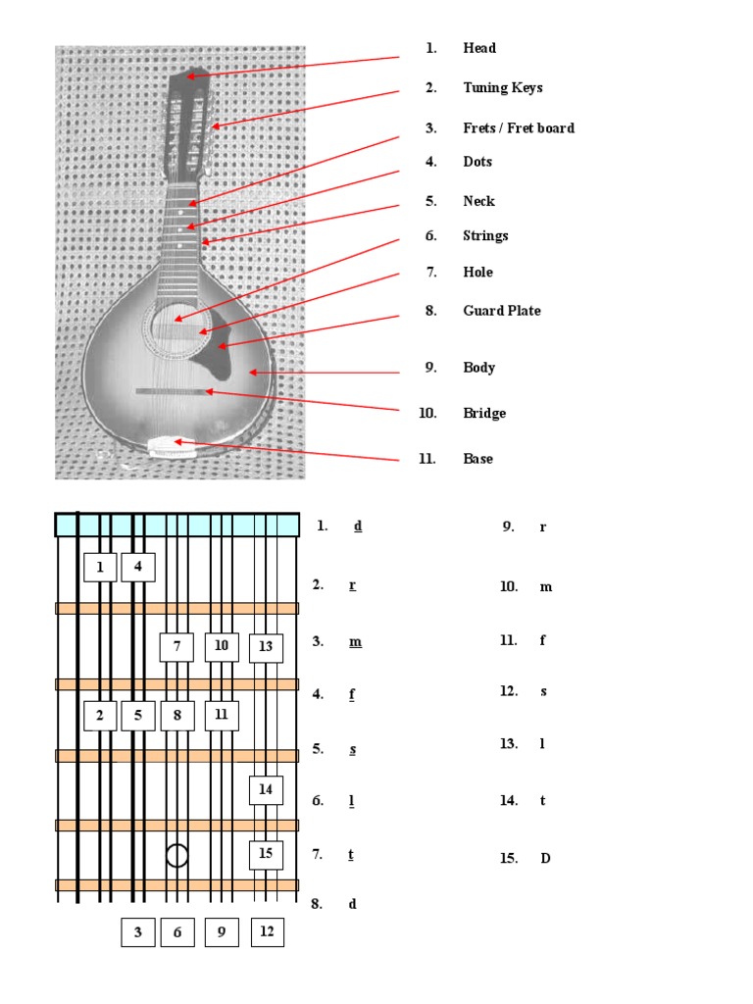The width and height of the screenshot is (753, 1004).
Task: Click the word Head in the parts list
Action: [479, 48]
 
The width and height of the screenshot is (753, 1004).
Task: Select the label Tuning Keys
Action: [502, 88]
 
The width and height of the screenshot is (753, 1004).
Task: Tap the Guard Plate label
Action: [501, 311]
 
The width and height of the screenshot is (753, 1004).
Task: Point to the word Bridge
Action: [484, 413]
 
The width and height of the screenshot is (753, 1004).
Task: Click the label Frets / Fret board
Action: [519, 128]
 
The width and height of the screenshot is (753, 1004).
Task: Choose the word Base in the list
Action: [477, 459]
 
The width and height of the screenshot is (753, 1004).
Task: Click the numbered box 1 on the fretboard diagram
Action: [100, 567]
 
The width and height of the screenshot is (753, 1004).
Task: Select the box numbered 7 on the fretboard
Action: [176, 647]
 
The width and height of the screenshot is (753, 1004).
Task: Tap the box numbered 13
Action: [266, 647]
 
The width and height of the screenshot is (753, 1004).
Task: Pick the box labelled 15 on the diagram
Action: [266, 854]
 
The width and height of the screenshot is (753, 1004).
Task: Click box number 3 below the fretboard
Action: [138, 932]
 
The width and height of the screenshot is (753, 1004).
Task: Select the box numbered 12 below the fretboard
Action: [267, 932]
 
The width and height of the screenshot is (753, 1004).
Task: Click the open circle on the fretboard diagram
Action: [176, 855]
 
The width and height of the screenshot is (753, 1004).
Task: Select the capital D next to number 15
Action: [545, 859]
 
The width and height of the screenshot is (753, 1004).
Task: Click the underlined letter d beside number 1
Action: [358, 527]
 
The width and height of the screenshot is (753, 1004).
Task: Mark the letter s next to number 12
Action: [543, 691]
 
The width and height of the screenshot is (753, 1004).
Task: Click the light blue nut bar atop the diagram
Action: [176, 525]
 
